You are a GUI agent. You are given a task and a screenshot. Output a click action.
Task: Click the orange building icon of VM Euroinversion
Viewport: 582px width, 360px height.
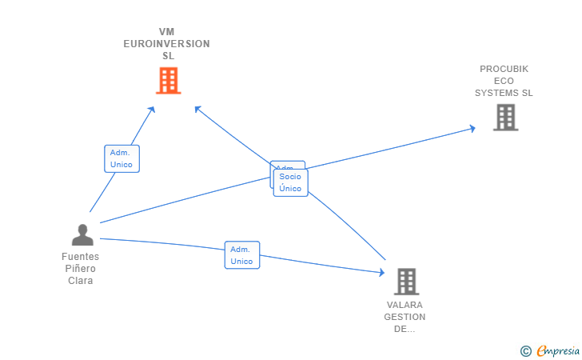168,80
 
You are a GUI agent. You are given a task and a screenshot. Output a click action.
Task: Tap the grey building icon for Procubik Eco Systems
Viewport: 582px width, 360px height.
505,118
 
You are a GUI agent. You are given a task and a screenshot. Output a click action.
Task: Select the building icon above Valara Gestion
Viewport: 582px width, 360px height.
406,281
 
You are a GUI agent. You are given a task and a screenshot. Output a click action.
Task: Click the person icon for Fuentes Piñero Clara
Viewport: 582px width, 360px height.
82,235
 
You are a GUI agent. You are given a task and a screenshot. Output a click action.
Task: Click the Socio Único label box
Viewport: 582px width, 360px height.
290,182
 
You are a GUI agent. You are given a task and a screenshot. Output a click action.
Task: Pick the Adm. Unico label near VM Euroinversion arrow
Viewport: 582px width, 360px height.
122,158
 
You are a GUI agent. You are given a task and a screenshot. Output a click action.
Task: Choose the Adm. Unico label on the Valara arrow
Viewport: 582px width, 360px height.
241,255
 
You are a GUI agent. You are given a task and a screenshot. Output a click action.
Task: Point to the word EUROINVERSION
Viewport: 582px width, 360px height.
166,44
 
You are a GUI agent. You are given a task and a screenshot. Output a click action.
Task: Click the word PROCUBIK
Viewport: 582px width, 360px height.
504,69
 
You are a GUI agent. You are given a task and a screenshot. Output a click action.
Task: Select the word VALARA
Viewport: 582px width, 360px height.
405,305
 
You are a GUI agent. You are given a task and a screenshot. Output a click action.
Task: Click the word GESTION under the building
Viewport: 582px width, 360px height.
405,317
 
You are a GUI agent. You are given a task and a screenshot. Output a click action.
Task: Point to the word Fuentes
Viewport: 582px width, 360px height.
80,257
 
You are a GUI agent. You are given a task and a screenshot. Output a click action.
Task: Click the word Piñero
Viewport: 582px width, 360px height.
80,269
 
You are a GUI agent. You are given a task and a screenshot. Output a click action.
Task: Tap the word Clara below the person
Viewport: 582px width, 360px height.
80,281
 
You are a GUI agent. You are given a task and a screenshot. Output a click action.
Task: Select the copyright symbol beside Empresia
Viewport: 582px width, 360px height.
525,350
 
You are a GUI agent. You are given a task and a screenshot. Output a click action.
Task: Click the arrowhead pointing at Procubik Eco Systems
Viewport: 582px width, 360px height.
472,128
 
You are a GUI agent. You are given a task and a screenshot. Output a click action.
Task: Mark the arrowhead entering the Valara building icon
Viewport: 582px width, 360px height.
381,273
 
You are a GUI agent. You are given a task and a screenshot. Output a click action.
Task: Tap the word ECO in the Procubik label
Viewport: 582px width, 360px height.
504,81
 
